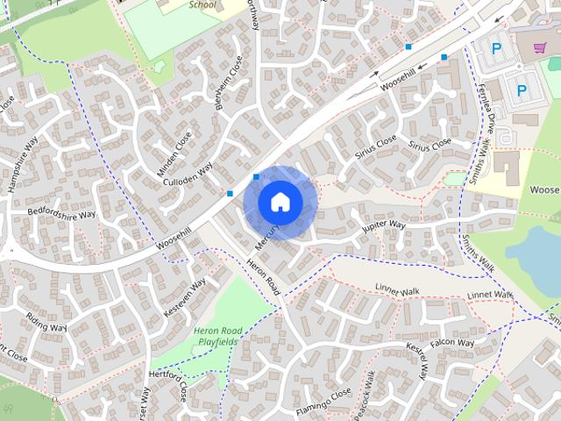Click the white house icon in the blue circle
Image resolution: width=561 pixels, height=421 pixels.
coord(280,202)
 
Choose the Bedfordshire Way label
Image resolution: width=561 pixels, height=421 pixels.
coord(61,213)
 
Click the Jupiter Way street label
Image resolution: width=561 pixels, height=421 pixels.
coord(384,226)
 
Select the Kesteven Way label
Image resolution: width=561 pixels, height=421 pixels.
coord(185,297)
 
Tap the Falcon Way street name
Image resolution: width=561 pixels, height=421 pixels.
coord(452,343)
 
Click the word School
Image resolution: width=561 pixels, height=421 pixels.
coord(202,4)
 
